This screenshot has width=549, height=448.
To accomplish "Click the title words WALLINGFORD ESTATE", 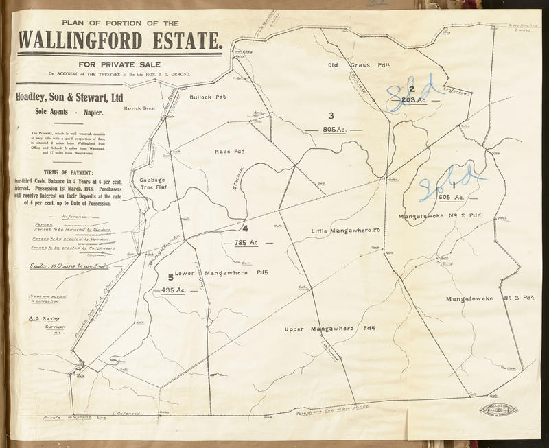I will pyautogui.click(x=121, y=41).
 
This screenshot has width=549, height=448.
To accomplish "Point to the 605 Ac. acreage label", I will pyautogui.click(x=451, y=197).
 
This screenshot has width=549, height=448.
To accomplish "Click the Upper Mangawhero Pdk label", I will pyautogui.click(x=329, y=329).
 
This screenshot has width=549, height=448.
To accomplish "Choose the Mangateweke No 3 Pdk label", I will pyautogui.click(x=489, y=298).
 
